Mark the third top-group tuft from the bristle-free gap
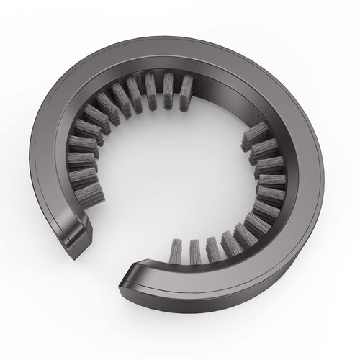tap(151, 91)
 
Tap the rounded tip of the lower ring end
tap(130, 277)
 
